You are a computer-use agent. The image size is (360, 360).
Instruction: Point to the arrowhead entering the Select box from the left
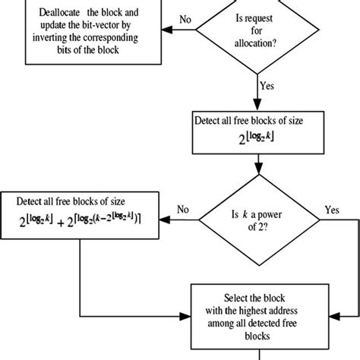186,314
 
